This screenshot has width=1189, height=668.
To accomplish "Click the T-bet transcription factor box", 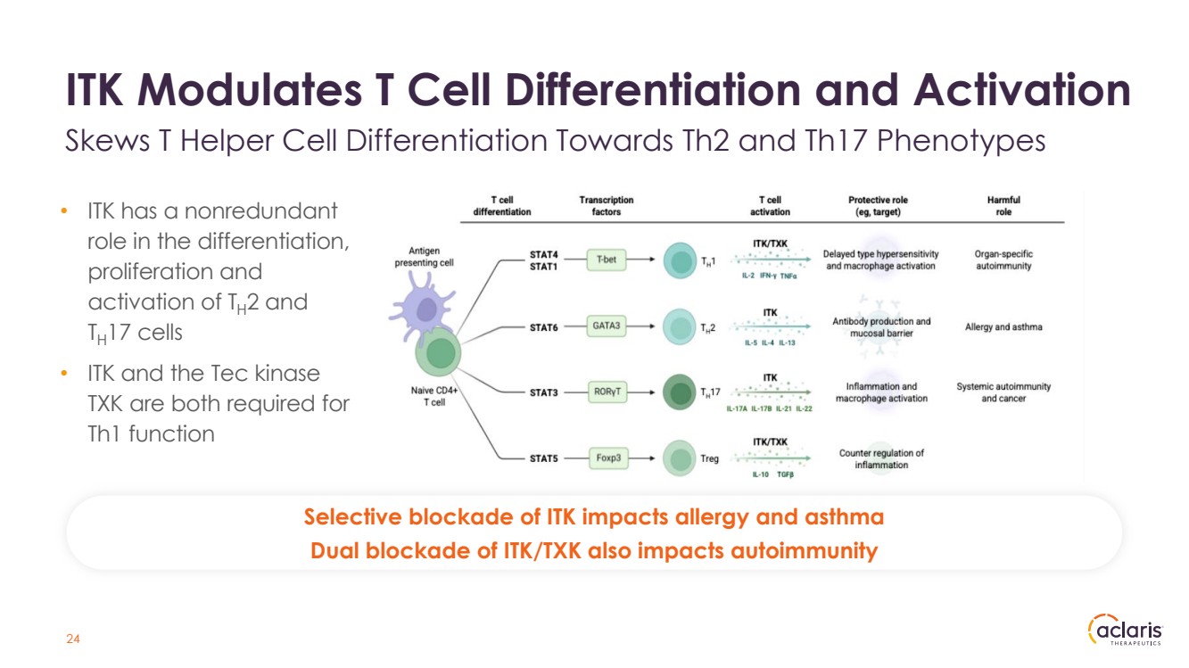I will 607,260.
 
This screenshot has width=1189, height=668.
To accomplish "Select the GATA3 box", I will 607,326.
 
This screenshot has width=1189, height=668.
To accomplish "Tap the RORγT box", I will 607,392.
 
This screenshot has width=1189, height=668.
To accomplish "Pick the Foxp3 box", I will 607,458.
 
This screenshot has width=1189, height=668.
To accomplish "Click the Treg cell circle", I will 681,459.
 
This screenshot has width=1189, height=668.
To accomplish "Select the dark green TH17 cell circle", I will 681,392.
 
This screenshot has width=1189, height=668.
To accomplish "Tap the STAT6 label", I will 543,327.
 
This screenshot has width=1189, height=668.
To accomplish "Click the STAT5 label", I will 543,459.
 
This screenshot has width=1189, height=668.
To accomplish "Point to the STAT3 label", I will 543,392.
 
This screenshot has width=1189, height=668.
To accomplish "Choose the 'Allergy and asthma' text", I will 1003,327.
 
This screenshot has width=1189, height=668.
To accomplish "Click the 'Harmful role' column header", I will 1003,206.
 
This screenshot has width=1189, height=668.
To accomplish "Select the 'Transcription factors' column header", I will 607,206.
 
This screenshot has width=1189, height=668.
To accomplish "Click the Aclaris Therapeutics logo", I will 1126,630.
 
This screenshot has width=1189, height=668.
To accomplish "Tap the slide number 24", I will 73,639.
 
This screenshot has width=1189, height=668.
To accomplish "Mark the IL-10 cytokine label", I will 760,474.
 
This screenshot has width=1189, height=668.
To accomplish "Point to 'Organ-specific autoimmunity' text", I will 1003,260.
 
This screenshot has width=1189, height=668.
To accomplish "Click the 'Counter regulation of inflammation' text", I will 881,459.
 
